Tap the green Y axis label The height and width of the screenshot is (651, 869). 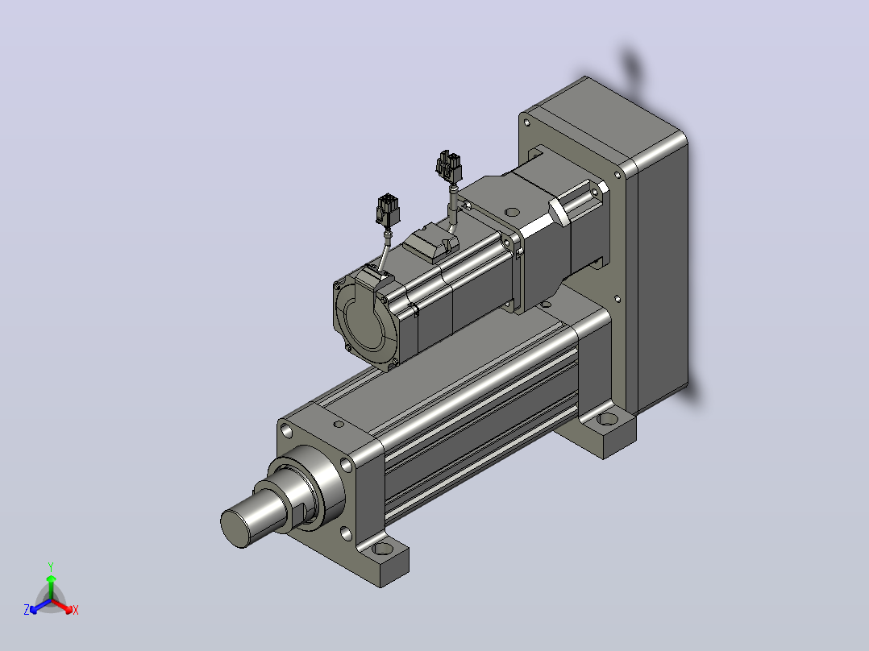tap(51, 566)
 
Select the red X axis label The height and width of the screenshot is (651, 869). tap(76, 610)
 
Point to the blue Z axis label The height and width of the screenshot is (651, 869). tap(27, 610)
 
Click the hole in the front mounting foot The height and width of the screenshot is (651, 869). tap(382, 550)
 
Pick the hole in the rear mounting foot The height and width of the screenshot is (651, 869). tap(608, 418)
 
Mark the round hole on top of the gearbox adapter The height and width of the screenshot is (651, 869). tap(513, 212)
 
